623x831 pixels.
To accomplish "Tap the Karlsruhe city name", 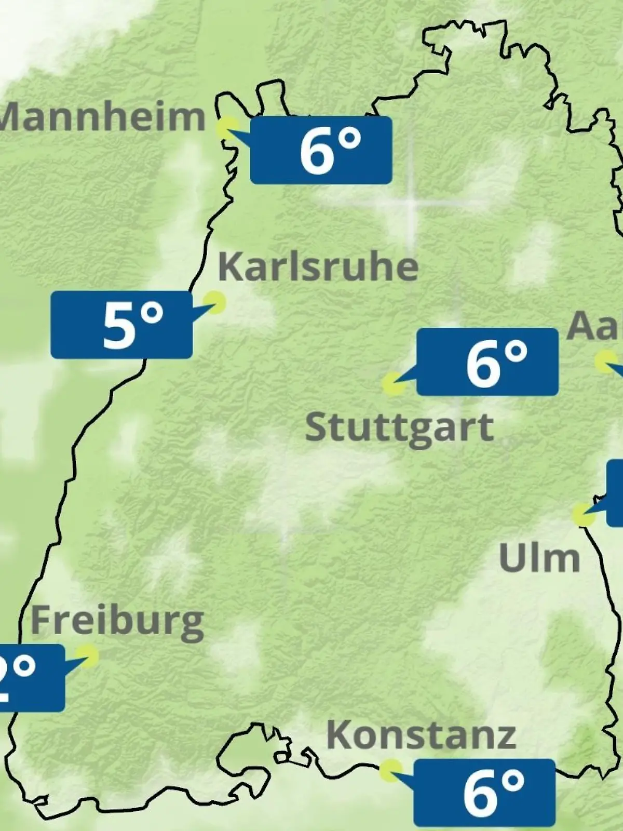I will [318, 267].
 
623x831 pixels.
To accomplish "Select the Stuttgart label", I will [399, 428].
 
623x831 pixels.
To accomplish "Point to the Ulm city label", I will [539, 558].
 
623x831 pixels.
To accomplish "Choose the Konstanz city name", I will [421, 735].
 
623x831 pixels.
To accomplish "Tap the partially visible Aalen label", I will [594, 326].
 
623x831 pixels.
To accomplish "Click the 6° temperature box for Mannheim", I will [321, 150].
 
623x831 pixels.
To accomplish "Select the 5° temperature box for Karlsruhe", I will [121, 325].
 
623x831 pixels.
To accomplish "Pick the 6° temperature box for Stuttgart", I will [487, 361].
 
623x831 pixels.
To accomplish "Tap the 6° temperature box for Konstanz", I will [484, 792].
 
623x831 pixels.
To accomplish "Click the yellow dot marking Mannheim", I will [227, 127].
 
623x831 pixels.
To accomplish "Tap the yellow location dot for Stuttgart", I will [393, 384].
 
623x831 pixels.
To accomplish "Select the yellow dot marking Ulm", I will [584, 515].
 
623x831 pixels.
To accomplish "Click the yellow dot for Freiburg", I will [87, 656].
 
